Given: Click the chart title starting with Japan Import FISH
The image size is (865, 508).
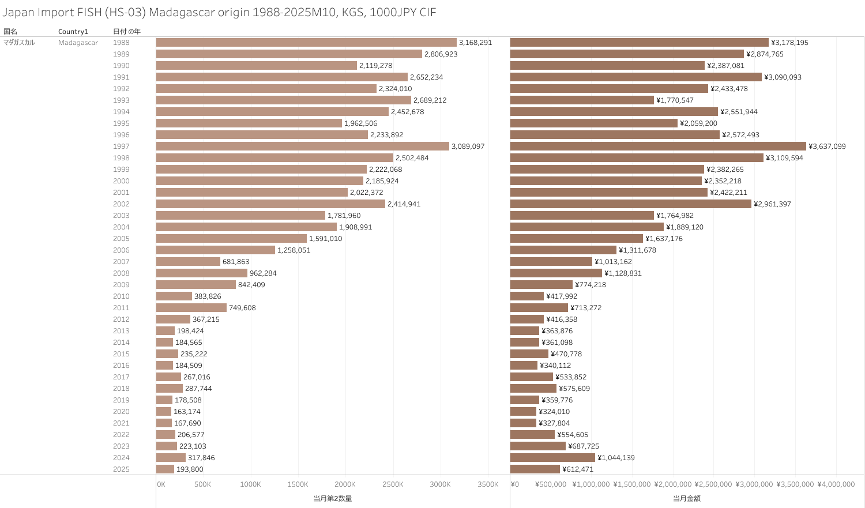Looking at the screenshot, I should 219,12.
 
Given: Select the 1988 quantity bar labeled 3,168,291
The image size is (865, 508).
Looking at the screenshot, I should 306,43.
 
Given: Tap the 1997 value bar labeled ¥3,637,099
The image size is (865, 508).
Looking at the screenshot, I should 658,146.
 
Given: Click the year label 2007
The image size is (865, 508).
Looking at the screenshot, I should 121,262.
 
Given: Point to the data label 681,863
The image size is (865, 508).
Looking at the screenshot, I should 236,262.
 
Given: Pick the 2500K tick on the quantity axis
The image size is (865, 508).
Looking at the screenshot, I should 393,484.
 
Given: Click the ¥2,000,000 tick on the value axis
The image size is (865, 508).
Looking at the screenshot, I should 672,484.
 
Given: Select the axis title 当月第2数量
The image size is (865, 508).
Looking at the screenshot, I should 333,498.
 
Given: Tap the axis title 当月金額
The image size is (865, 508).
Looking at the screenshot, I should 687,498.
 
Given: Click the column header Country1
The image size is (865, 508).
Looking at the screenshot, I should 73,31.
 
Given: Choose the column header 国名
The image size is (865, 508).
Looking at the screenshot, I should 10,31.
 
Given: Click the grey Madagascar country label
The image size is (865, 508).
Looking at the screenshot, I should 78,43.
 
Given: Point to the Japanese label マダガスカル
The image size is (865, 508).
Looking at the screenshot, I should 19,43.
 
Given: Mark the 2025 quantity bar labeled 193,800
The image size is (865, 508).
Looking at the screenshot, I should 165,469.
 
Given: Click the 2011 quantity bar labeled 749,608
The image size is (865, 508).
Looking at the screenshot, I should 191,308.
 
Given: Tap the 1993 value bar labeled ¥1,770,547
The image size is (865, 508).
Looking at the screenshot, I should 582,100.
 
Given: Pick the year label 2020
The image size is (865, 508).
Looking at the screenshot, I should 121,412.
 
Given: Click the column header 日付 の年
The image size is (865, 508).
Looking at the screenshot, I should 127,31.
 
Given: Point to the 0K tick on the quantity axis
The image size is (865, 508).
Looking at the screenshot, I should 161,484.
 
